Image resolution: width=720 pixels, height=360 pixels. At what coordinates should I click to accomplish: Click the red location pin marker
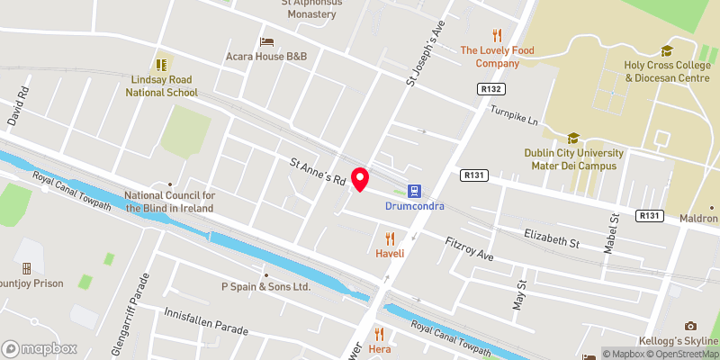(360, 179)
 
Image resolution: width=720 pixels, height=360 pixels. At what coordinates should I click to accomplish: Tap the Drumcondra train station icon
(415, 191)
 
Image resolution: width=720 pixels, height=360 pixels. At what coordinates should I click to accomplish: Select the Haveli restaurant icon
(390, 238)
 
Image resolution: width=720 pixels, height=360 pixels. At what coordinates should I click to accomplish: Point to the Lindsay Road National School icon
(163, 65)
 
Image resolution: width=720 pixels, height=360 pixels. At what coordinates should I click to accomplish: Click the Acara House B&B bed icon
(266, 41)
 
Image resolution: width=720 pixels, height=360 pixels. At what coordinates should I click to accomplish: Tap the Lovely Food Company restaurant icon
(497, 36)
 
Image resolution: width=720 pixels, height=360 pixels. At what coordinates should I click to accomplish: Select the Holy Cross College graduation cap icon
(667, 50)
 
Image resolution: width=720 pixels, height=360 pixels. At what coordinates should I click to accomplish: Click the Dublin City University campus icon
(571, 138)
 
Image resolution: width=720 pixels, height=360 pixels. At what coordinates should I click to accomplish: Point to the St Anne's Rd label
(318, 171)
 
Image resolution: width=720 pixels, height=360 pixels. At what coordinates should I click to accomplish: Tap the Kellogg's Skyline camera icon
(690, 326)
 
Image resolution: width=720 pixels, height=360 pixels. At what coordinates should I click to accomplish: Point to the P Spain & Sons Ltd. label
(265, 287)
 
